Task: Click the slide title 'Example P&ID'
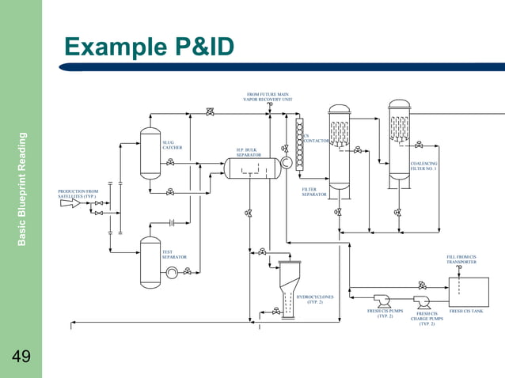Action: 149,47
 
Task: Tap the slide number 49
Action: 21,357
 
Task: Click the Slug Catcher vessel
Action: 150,153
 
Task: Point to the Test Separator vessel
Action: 150,262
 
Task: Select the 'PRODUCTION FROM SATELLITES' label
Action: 78,193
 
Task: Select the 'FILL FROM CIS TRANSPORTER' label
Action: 461,259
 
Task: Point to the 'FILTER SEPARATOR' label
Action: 313,191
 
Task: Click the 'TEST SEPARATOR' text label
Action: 174,255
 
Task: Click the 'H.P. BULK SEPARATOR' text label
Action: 248,152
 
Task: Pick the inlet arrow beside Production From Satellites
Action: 70,203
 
